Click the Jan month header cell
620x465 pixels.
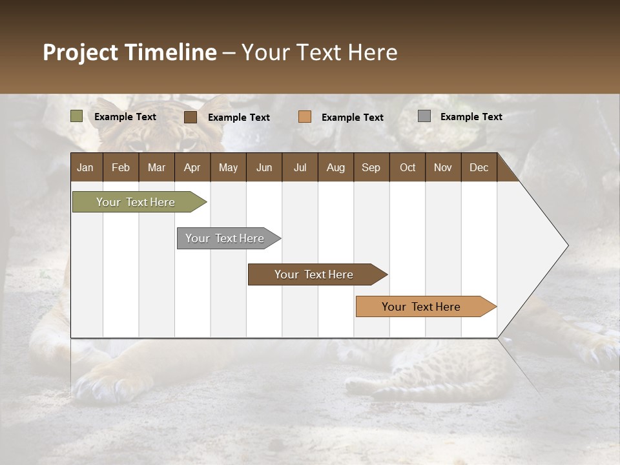pos(86,167)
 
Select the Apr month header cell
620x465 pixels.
pos(192,167)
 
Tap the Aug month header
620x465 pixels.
pos(335,167)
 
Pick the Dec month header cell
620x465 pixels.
pos(479,167)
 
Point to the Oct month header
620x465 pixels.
pos(407,167)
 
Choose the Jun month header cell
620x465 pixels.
pos(263,167)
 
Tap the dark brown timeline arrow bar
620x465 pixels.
pos(315,274)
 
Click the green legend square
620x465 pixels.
pos(77,116)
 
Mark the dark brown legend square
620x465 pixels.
pos(191,117)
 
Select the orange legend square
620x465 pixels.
pos(305,117)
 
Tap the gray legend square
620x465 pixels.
pos(424,116)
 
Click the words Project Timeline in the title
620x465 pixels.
pos(129,52)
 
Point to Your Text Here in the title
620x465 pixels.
pos(319,52)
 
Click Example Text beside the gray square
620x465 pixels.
pos(471,116)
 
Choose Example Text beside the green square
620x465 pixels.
pos(125,116)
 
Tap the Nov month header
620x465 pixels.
pos(442,167)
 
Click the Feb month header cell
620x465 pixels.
pos(120,167)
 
